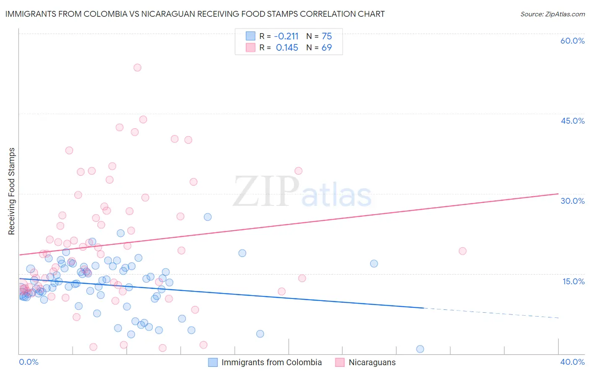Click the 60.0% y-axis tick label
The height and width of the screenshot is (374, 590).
(x=572, y=41)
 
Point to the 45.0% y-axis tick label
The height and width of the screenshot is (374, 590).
(x=572, y=121)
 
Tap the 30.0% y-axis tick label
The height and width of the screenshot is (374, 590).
(x=572, y=201)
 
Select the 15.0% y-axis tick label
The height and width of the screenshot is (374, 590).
(x=573, y=281)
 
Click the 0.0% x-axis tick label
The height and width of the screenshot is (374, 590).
(x=29, y=362)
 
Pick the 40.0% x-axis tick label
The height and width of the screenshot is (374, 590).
(x=572, y=362)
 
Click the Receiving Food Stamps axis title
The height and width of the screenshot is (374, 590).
(x=12, y=191)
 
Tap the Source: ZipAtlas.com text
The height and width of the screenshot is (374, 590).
(x=552, y=14)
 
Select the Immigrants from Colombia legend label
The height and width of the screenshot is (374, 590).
(x=271, y=362)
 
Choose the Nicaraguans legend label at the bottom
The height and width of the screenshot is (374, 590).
(x=372, y=362)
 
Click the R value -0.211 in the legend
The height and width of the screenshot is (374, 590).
(x=286, y=36)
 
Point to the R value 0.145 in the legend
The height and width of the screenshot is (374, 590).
(x=287, y=48)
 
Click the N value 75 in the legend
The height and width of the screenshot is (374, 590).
(x=326, y=36)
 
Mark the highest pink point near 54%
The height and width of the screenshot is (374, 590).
(x=137, y=68)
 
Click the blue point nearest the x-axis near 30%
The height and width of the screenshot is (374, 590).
(x=420, y=349)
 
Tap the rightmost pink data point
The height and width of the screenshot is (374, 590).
(x=462, y=251)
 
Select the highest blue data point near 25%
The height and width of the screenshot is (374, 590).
(x=207, y=217)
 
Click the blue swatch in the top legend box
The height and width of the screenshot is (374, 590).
(x=250, y=36)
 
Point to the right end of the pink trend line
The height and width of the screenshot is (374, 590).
(x=558, y=194)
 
